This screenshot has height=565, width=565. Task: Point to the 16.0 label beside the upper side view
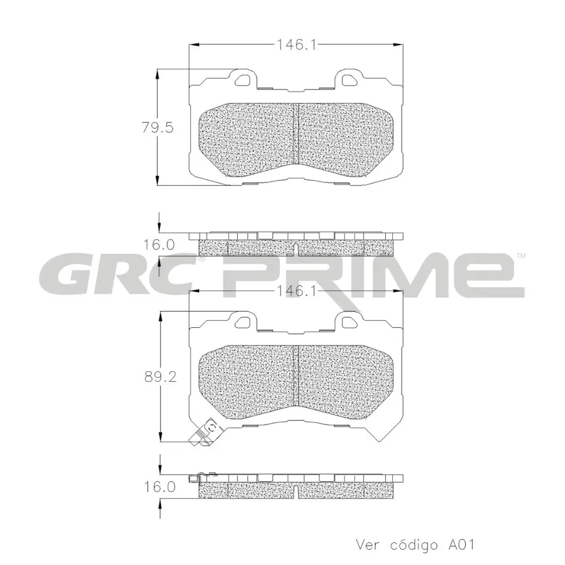159,244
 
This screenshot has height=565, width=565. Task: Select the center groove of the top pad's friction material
298,134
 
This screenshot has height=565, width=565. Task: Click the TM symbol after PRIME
520,256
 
